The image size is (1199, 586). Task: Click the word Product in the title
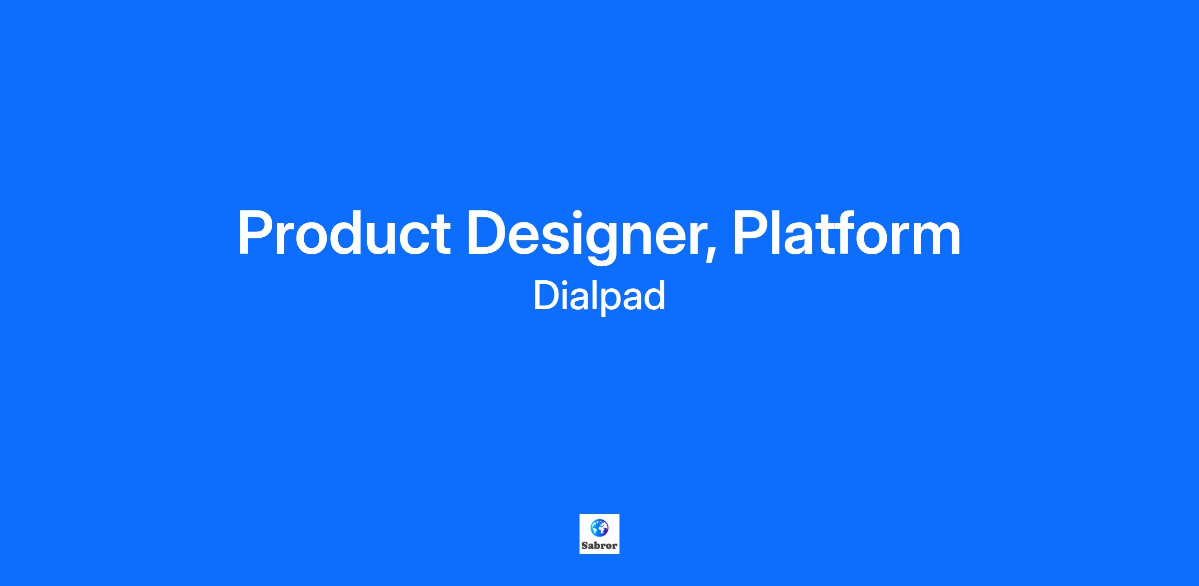344,233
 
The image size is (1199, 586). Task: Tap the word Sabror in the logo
599,546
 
